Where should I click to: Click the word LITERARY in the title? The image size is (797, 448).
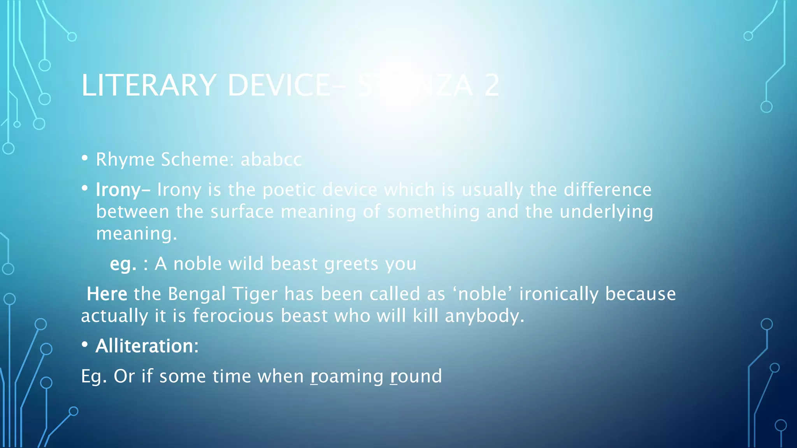(x=149, y=86)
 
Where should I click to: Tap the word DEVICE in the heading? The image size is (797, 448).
(x=279, y=86)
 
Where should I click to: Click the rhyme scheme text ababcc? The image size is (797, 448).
(x=271, y=159)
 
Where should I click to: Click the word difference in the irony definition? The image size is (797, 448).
(x=607, y=190)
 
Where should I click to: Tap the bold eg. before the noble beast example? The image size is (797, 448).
(x=123, y=264)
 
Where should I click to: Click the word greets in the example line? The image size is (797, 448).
(x=351, y=264)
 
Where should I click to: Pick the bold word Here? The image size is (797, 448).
(x=107, y=294)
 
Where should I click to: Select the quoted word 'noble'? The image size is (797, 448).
(x=482, y=294)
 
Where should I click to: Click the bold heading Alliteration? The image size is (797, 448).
(x=147, y=346)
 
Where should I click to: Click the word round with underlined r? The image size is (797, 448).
(x=416, y=376)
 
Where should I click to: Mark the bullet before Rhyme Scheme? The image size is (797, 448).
(x=85, y=159)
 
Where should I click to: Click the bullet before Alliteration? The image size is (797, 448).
(x=85, y=345)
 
